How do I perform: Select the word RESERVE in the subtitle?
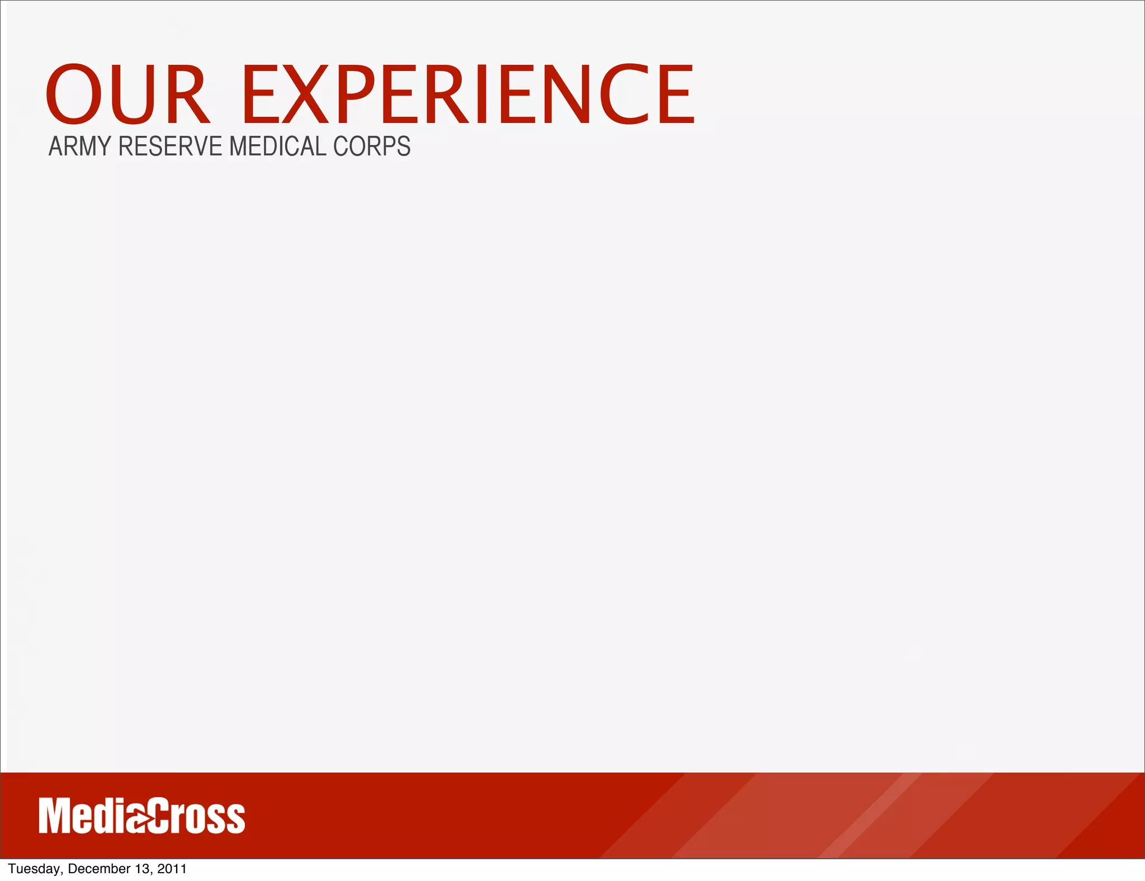coord(171,146)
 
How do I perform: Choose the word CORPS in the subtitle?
coord(372,146)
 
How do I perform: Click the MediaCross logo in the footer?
coord(142,816)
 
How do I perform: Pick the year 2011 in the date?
coord(172,869)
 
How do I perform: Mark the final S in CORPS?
coord(403,146)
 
